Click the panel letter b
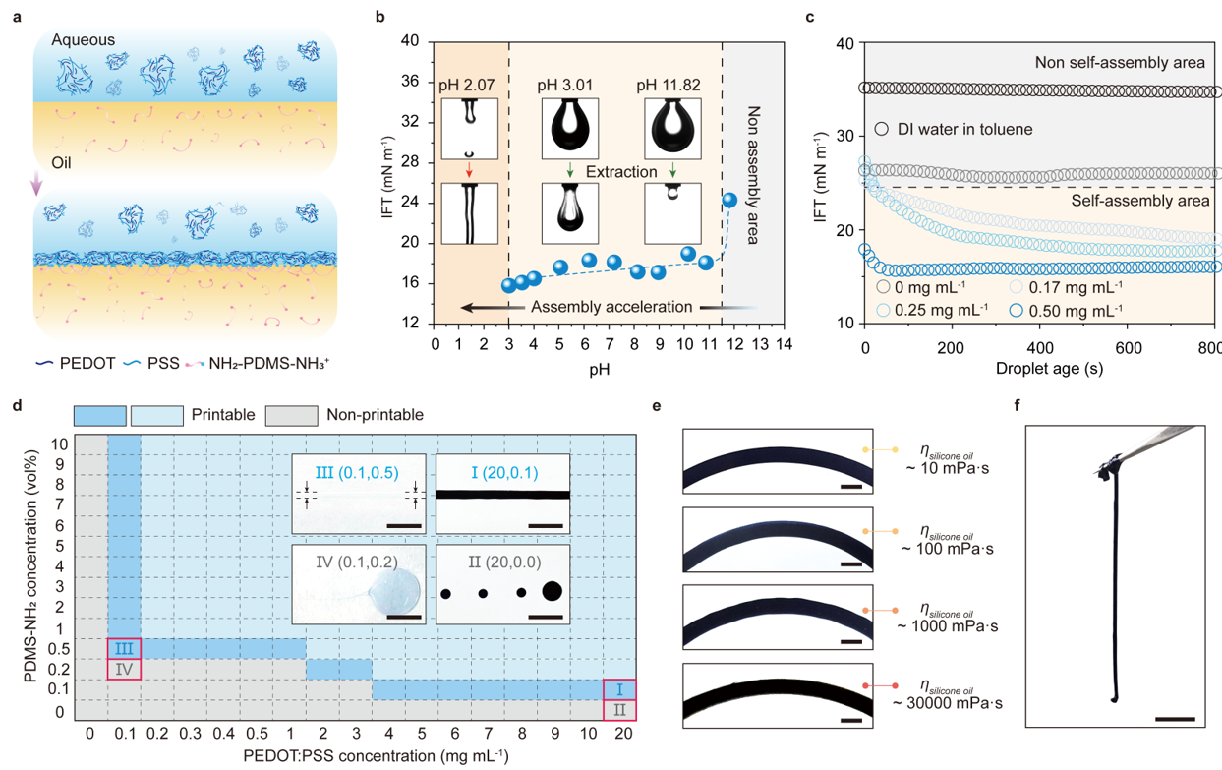pyautogui.click(x=379, y=17)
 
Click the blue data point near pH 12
pyautogui.click(x=729, y=200)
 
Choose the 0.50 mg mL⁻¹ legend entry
pyautogui.click(x=1075, y=310)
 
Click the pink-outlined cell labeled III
pyautogui.click(x=124, y=648)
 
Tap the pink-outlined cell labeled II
pyautogui.click(x=619, y=710)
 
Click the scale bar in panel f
pyautogui.click(x=1175, y=719)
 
